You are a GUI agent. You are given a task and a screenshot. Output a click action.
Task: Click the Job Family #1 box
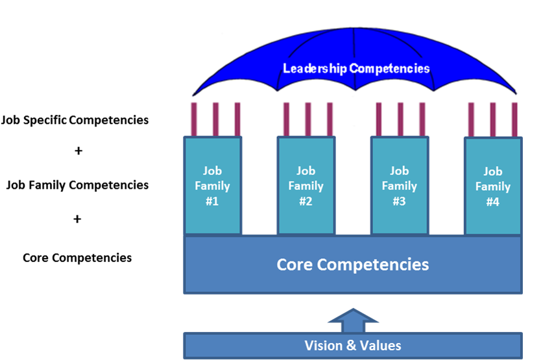click(213, 186)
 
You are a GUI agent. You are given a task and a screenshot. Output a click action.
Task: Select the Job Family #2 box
click(306, 186)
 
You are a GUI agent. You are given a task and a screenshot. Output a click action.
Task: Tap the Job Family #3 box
click(399, 186)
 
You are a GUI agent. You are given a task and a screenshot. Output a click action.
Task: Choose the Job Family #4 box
click(493, 186)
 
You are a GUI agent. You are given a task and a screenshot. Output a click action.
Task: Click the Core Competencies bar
click(353, 265)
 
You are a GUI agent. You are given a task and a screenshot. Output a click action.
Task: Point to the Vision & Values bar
click(353, 345)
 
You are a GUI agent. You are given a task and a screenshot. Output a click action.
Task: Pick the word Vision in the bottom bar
click(322, 345)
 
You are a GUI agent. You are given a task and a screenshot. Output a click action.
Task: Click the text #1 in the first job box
click(213, 201)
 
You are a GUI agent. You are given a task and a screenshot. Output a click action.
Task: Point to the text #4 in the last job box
click(493, 202)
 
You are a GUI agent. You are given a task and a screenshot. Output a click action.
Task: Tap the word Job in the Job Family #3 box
click(399, 171)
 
